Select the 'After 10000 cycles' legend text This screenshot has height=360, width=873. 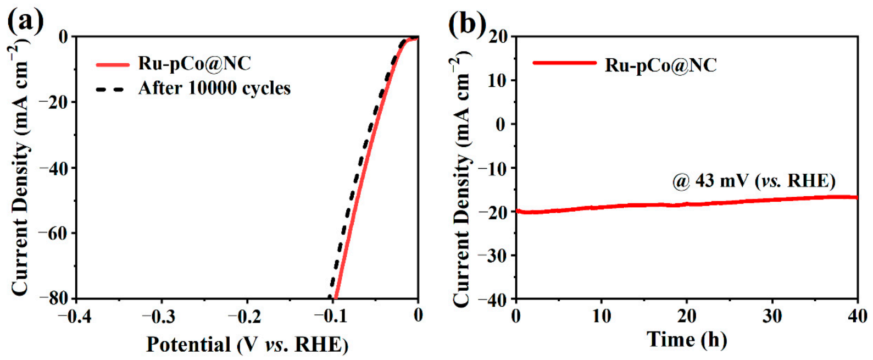tap(214, 88)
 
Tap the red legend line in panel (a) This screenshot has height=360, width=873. tap(113, 64)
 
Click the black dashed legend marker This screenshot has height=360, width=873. tap(110, 88)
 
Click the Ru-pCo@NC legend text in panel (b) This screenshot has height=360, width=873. tap(661, 65)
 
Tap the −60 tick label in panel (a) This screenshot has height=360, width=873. tap(53, 233)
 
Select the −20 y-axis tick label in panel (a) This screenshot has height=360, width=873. tap(53, 102)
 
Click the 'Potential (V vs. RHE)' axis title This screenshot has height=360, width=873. tap(247, 345)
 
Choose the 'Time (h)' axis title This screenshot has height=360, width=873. tap(687, 339)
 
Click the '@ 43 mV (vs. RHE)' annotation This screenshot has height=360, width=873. tap(754, 181)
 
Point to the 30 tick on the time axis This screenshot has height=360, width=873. tap(772, 316)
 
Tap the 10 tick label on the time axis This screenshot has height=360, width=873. tap(601, 316)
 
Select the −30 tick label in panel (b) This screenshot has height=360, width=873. tap(493, 255)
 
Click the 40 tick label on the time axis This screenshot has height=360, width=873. tap(857, 316)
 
